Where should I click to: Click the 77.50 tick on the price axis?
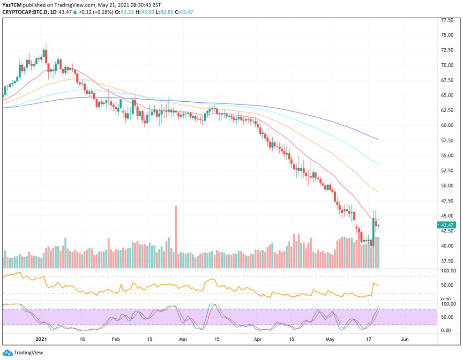click(447, 21)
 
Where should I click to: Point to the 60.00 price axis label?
click(447, 125)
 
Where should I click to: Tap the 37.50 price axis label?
click(447, 261)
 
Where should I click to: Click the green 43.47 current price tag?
click(447, 225)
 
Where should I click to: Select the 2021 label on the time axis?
click(42, 339)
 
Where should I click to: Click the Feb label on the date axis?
click(116, 339)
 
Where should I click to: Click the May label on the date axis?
click(331, 339)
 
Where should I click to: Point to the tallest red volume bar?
click(176, 237)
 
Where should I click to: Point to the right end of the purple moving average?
click(378, 139)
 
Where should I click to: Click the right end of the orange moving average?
click(378, 192)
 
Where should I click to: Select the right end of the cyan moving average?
click(378, 164)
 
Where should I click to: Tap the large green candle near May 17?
click(373, 226)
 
